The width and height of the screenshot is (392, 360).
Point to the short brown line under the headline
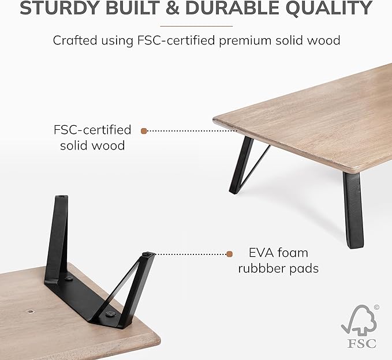point(196,25)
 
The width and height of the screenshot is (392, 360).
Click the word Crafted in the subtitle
point(73,41)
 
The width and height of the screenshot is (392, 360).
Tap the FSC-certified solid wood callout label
point(92,137)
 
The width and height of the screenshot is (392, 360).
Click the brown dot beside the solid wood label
point(144,131)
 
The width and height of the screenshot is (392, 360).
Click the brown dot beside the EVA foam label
point(229,253)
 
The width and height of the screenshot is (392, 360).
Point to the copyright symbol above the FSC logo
point(376,308)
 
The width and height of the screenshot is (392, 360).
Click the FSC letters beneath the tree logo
point(361,343)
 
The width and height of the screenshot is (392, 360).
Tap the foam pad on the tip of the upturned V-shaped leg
point(150,253)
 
